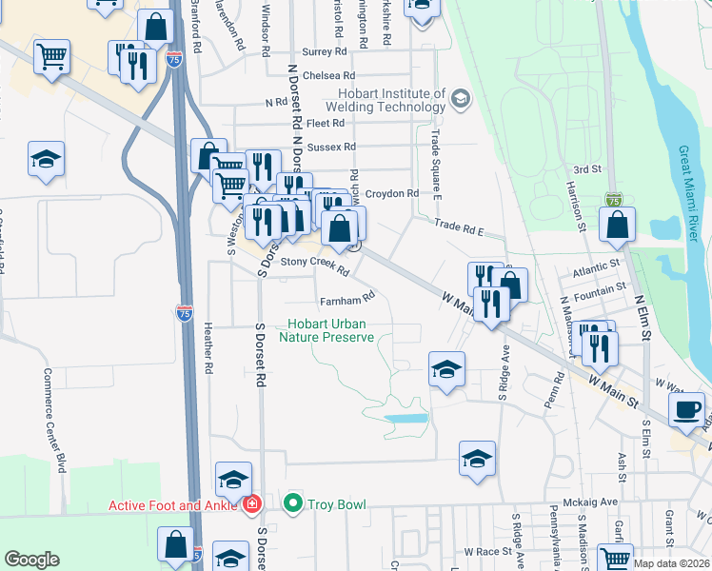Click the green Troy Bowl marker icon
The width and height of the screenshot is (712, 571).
(293, 502)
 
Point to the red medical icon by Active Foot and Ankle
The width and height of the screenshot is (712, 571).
(252, 503)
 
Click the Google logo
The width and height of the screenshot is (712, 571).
(31, 560)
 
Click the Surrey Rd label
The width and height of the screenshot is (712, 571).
(324, 52)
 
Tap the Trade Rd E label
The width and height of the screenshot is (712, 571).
(460, 226)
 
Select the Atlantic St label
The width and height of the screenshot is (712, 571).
(596, 270)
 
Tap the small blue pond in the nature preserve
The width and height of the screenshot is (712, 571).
(406, 418)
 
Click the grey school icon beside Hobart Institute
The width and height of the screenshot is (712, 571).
(461, 99)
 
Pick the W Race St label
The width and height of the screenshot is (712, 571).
(488, 551)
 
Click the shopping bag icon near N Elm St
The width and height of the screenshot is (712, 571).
(617, 226)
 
